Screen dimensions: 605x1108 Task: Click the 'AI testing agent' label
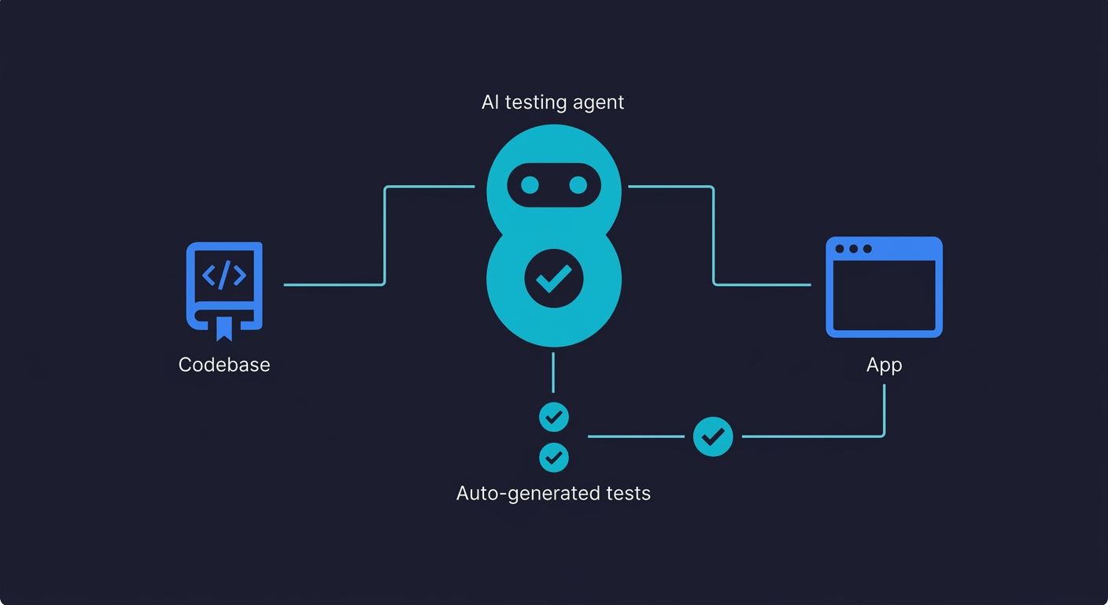point(552,102)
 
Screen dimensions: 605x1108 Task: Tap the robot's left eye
point(530,185)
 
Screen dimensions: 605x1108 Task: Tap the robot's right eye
point(578,185)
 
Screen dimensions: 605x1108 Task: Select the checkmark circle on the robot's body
point(554,278)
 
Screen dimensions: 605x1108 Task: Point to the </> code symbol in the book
point(224,275)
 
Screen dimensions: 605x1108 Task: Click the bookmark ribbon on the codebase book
point(224,328)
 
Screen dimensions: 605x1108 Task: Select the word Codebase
point(224,365)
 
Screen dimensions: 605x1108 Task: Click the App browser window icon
point(884,288)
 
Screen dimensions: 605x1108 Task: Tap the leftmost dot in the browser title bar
point(840,249)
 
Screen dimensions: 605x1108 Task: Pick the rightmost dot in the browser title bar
point(867,249)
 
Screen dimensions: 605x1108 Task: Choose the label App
point(884,365)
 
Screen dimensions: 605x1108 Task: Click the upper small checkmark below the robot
point(554,417)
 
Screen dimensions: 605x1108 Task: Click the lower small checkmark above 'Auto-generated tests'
point(554,457)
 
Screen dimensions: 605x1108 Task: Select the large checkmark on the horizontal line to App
point(713,436)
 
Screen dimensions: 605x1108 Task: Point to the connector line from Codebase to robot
point(384,236)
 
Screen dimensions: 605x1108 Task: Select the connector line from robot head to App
point(714,236)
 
